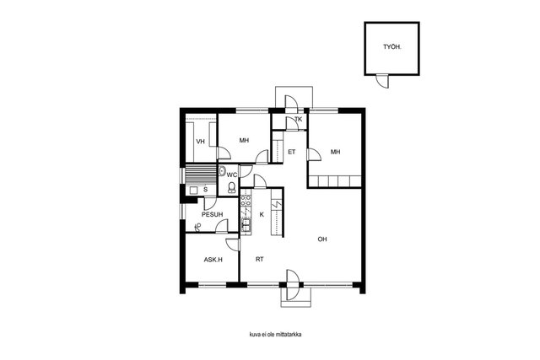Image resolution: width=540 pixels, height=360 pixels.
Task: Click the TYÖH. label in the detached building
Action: (392, 47)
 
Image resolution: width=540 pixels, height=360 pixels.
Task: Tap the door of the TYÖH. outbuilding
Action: (382, 81)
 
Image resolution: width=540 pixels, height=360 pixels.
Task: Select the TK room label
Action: (298, 119)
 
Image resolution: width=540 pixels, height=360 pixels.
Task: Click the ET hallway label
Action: (292, 152)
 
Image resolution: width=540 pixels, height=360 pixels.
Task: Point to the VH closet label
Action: (200, 142)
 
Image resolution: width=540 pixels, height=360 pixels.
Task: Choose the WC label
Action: (232, 175)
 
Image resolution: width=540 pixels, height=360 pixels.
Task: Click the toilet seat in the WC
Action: (232, 187)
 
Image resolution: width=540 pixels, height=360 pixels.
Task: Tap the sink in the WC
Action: (222, 170)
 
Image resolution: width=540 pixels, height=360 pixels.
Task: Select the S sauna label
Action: (206, 190)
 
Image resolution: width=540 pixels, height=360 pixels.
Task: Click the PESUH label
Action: (212, 214)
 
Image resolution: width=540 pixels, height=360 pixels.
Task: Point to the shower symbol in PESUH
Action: (197, 227)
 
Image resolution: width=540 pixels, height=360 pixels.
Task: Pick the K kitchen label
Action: (262, 214)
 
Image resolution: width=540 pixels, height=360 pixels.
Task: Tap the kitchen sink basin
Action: (246, 225)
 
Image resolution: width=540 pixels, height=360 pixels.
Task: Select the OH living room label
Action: (322, 239)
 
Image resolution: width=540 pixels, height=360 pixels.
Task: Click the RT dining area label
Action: (260, 259)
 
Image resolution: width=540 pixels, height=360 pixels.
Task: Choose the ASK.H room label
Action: (213, 260)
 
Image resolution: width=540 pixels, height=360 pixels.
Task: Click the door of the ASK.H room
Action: (233, 244)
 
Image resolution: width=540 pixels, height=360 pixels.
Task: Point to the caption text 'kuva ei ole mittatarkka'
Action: (276, 334)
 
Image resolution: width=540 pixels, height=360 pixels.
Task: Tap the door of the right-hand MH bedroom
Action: (314, 154)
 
